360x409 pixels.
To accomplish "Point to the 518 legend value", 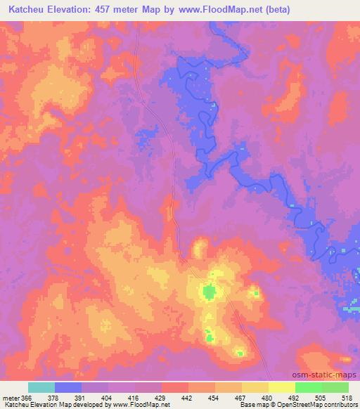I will point(346,398).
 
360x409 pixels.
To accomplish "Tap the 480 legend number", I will point(266,398).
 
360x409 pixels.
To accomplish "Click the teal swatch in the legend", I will point(41,388).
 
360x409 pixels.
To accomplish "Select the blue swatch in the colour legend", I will point(68,388).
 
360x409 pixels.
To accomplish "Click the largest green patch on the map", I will point(209,291).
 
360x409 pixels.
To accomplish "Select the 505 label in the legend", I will point(319,398).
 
